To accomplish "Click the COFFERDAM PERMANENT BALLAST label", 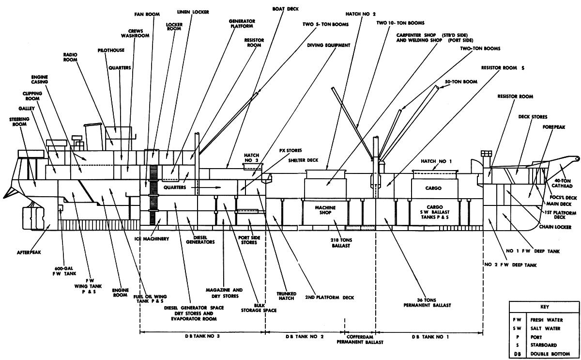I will click(x=360, y=339).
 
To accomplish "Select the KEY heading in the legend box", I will click(x=544, y=307).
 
